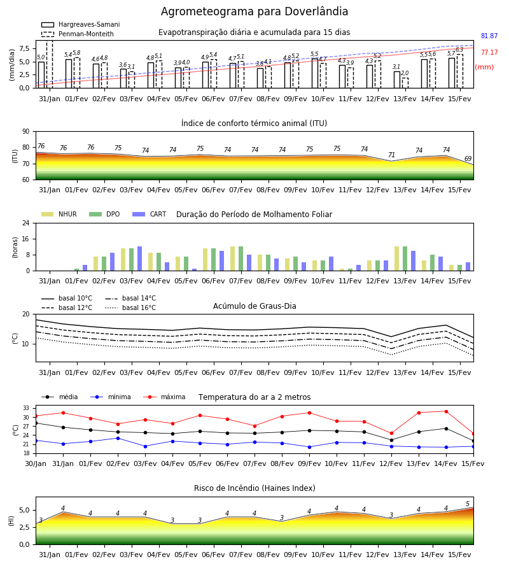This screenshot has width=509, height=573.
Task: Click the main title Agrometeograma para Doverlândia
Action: click(x=254, y=11)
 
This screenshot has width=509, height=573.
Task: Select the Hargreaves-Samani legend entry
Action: click(x=80, y=24)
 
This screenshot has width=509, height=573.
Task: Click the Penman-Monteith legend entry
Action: click(x=78, y=34)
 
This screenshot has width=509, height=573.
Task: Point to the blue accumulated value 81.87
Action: click(x=489, y=36)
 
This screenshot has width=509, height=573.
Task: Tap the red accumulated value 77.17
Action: click(x=489, y=53)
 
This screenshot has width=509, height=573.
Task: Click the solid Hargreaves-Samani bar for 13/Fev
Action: click(x=397, y=80)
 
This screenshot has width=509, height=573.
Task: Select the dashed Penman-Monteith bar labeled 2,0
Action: click(x=405, y=83)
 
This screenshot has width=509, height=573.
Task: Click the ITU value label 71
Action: click(x=391, y=155)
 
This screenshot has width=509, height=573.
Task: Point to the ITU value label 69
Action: click(x=468, y=159)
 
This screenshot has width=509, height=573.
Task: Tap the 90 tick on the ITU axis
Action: click(x=25, y=132)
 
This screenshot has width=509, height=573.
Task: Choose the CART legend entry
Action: click(x=150, y=214)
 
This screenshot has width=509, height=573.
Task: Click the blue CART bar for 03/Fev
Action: click(x=139, y=258)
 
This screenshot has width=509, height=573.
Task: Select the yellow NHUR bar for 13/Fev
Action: click(x=397, y=258)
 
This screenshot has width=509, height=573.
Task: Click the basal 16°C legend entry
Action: click(x=130, y=308)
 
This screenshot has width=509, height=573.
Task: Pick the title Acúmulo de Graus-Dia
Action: click(x=254, y=306)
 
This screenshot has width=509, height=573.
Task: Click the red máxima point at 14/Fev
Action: click(x=446, y=411)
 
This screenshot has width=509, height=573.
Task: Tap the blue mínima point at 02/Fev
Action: click(x=118, y=438)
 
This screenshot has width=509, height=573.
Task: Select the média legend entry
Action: click(x=60, y=397)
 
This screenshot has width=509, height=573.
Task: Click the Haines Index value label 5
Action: click(x=468, y=504)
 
